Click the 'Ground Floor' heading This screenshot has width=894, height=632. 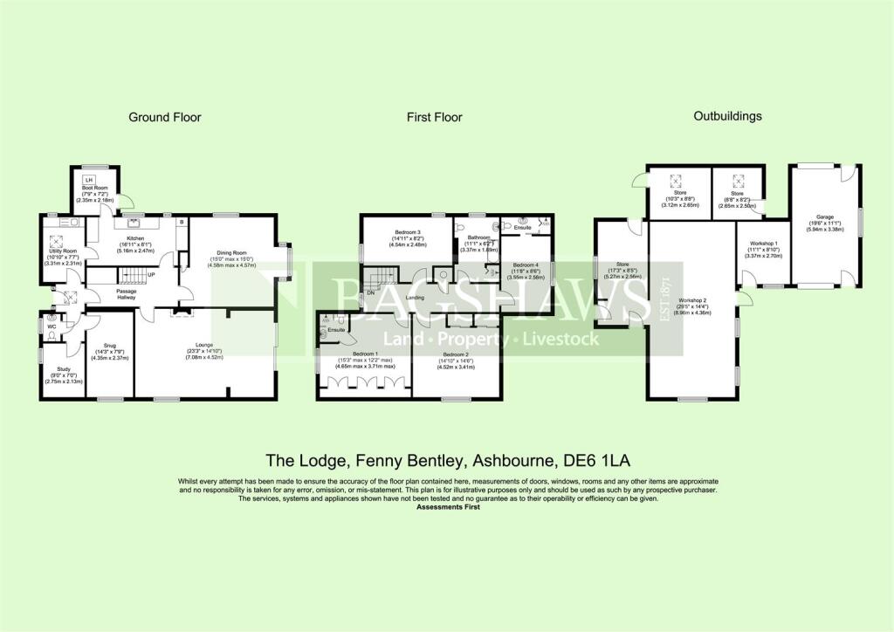(x=165, y=117)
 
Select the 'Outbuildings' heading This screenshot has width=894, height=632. (x=726, y=116)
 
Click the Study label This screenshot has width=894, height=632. (x=63, y=368)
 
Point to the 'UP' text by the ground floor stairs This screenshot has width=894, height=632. (x=151, y=276)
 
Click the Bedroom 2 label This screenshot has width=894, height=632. (x=456, y=355)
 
